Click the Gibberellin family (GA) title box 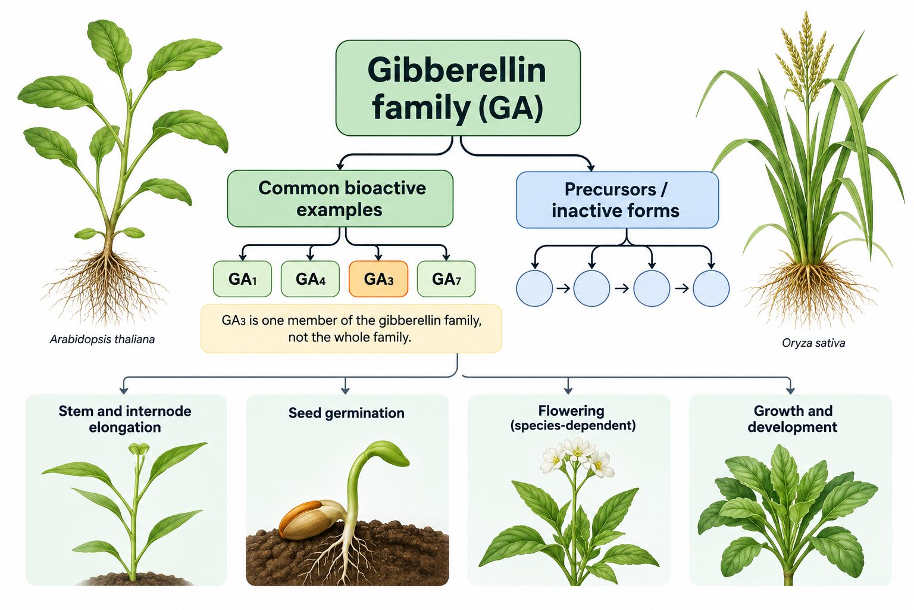458,88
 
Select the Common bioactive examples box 340,198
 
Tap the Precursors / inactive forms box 617,200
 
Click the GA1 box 242,279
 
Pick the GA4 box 310,279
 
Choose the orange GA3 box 378,279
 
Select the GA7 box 446,279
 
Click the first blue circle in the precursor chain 534,288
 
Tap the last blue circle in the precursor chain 711,288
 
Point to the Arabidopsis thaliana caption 102,340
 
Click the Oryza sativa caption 813,343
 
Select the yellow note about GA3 351,328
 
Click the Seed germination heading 346,413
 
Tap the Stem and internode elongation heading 125,419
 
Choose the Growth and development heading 793,419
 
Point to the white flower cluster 577,456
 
